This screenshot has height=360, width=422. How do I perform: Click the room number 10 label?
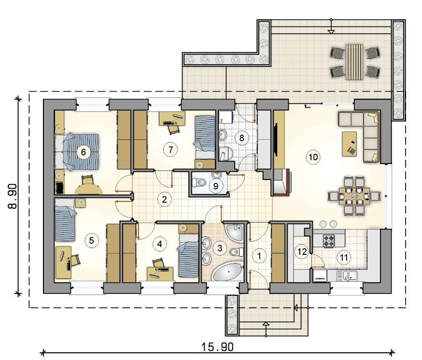point(313,157)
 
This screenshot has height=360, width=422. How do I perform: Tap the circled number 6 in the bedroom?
point(83,152)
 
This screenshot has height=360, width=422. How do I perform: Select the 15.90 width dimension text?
point(217,347)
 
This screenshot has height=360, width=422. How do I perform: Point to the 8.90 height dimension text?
point(13,196)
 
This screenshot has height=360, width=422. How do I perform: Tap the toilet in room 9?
point(198,182)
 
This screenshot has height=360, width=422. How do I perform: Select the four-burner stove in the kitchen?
point(329,240)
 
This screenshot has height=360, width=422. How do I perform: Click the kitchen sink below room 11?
point(347,276)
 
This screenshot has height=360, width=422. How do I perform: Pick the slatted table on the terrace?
point(354,62)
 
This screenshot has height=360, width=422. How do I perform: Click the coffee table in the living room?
point(349,144)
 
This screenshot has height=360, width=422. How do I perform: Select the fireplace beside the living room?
point(281,181)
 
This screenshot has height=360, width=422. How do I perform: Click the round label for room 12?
point(302,251)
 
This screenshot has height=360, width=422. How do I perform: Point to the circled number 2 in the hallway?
point(164,199)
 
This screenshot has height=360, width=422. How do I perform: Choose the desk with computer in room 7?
point(172,119)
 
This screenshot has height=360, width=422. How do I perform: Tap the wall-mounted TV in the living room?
point(276,139)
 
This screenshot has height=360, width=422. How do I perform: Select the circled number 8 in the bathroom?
point(241,138)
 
